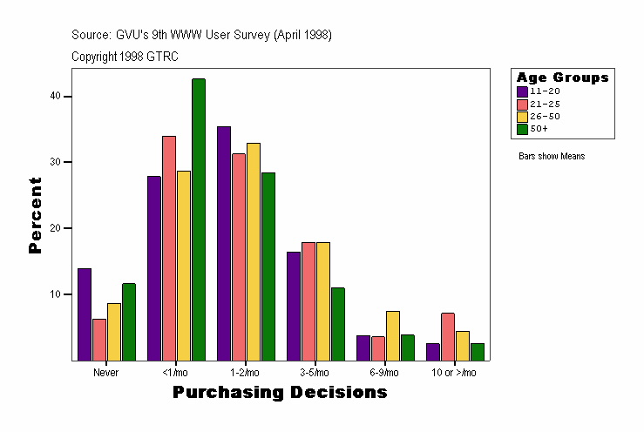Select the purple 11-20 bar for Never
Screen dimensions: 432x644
85,314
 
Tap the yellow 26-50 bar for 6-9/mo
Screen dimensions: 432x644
393,335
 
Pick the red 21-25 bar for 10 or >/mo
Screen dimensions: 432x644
448,336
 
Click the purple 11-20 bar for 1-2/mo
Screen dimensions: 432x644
224,243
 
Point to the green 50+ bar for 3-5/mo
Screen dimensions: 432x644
338,324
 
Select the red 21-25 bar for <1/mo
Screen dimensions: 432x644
169,248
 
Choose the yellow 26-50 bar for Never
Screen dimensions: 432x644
114,332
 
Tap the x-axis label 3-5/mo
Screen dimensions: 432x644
315,372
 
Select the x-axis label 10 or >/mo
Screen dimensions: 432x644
454,372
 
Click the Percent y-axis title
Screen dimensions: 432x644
36,215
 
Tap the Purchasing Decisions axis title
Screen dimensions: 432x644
280,393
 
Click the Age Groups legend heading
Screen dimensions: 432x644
562,78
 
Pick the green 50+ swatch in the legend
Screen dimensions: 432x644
523,129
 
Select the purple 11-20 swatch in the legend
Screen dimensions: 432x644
523,91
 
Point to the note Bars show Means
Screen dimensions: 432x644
552,157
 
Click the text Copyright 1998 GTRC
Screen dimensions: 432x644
125,56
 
